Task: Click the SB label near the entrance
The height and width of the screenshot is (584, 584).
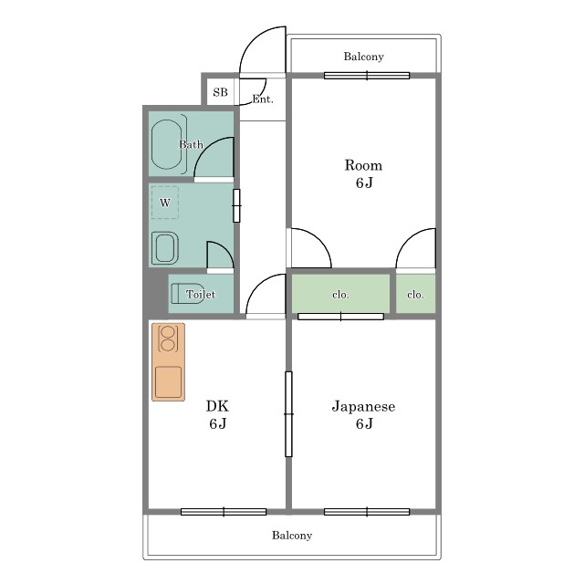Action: [x=220, y=92]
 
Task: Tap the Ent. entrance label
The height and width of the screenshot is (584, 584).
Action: [x=263, y=99]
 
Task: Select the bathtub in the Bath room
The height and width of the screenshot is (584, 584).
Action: [x=167, y=144]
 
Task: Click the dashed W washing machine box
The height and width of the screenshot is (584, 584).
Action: [x=165, y=203]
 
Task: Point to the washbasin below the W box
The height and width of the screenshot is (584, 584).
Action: [x=165, y=248]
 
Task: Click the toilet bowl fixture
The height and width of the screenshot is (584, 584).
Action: [x=188, y=294]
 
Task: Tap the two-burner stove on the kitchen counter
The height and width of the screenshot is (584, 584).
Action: [x=167, y=339]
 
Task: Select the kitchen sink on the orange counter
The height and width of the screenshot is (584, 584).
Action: [x=168, y=382]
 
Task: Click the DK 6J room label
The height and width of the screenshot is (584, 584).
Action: [x=218, y=414]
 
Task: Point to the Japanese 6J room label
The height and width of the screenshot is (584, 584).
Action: [x=363, y=414]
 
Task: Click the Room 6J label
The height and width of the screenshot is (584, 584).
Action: [x=363, y=174]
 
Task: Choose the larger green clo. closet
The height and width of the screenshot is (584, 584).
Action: [x=340, y=294]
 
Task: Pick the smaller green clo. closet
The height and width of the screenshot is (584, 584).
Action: [x=416, y=294]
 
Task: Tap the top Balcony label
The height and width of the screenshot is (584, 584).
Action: [x=363, y=57]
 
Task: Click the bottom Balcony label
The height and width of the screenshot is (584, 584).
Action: [x=292, y=536]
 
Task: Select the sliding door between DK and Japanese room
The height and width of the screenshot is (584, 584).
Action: [x=288, y=413]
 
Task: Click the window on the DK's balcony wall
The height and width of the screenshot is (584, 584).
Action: [x=224, y=512]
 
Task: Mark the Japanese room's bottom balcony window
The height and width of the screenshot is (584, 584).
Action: [x=367, y=512]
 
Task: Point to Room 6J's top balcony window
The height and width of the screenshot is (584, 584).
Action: [x=367, y=76]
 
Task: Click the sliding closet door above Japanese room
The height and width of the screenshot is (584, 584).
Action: [x=340, y=317]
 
